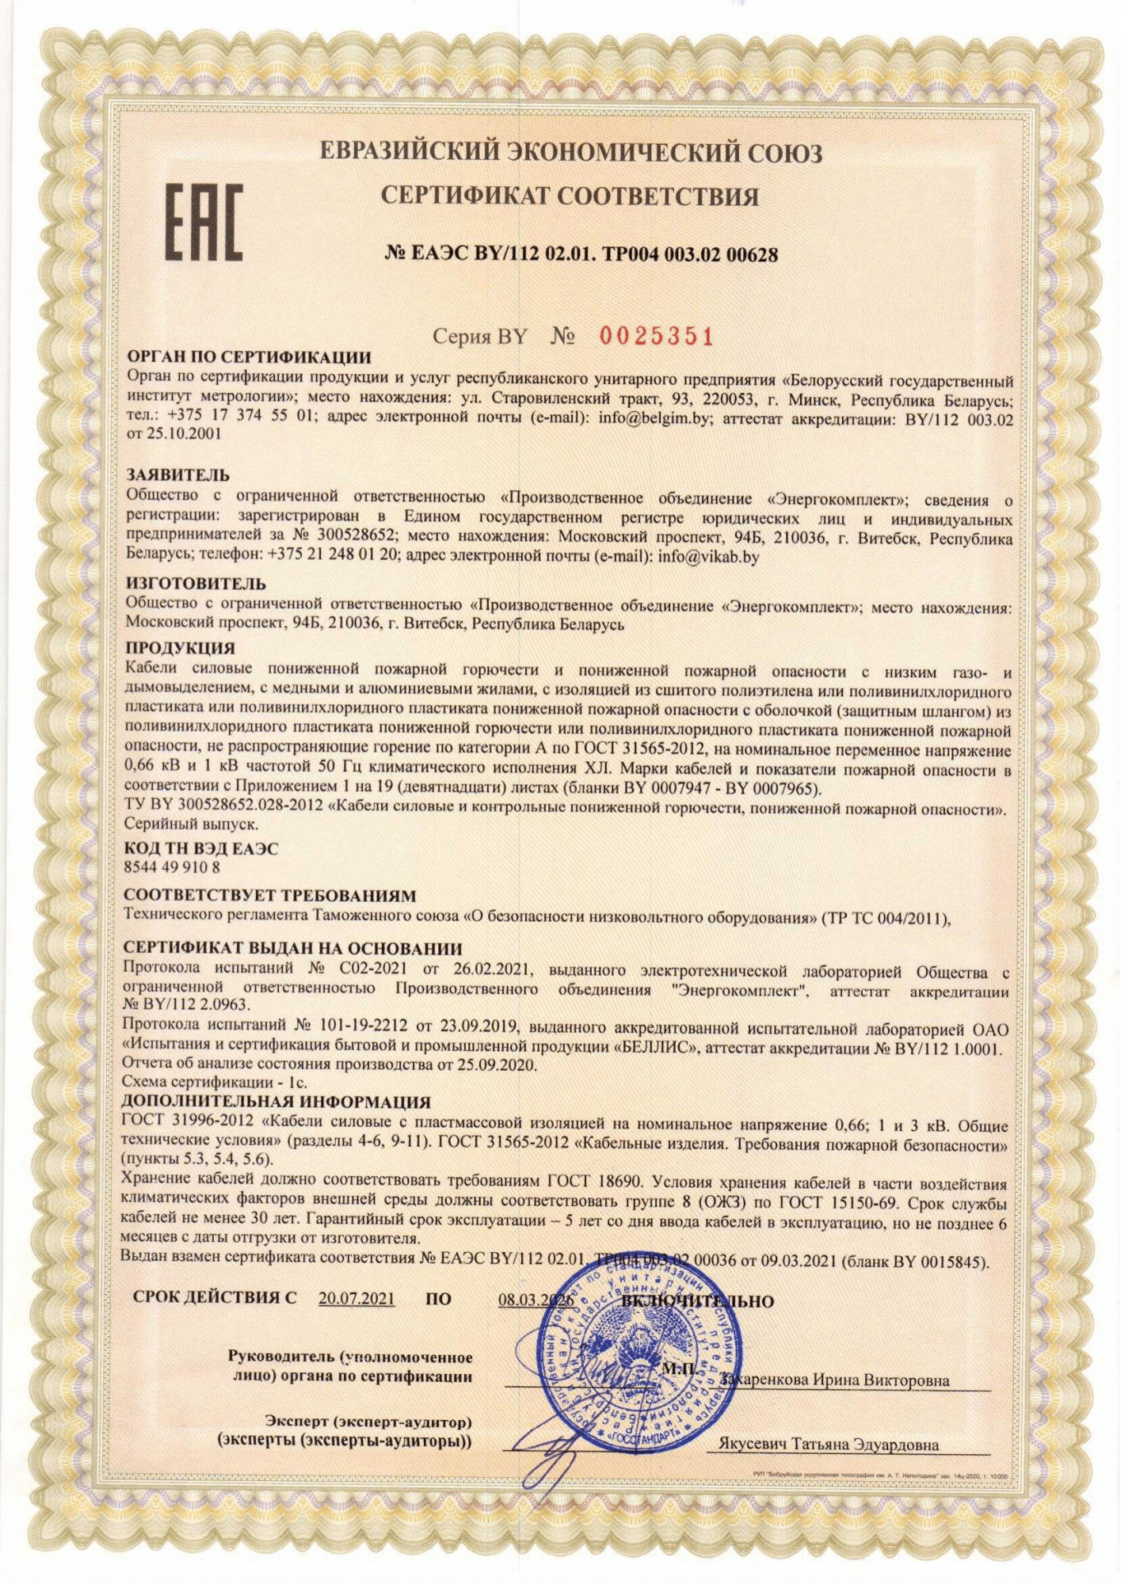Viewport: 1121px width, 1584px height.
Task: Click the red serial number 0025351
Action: [657, 337]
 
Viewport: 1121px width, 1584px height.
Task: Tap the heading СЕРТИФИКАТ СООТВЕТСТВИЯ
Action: [570, 196]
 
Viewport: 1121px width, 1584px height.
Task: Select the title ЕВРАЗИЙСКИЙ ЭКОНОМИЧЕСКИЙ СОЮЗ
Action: [570, 151]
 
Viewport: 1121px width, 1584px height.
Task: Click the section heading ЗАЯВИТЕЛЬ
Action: [178, 475]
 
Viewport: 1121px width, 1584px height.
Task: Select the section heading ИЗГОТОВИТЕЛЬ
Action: [196, 584]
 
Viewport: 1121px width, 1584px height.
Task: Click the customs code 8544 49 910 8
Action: [172, 867]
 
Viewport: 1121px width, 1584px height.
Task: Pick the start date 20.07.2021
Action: [357, 1299]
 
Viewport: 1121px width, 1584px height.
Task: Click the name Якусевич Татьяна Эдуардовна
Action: [828, 1444]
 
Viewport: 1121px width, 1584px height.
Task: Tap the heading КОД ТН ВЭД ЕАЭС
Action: [202, 849]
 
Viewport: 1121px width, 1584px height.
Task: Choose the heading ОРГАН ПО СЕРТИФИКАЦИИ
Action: [249, 357]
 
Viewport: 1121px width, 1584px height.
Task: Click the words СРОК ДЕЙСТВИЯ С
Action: [215, 1299]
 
